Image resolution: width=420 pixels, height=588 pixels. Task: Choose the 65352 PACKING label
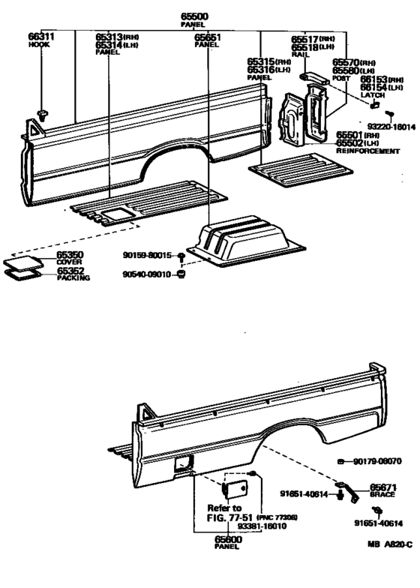pyautogui.click(x=73, y=274)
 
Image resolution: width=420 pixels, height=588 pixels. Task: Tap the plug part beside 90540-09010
pyautogui.click(x=180, y=278)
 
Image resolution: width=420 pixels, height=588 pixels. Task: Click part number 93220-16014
pyautogui.click(x=391, y=128)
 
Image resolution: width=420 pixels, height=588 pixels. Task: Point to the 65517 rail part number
pyautogui.click(x=308, y=39)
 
